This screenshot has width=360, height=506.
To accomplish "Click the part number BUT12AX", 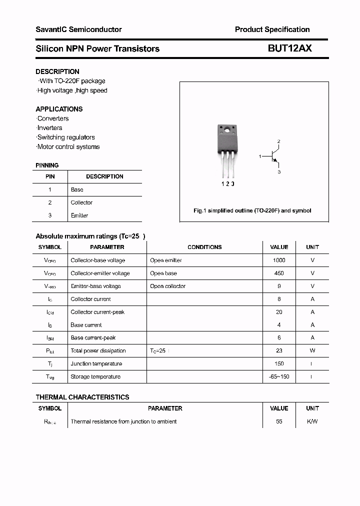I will (290, 48).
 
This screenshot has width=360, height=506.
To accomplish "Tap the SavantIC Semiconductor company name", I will (78, 29).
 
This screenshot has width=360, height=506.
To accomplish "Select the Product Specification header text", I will (272, 29).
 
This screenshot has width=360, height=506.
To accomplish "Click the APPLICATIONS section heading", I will (59, 109).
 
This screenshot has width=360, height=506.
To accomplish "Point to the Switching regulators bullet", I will (66, 137).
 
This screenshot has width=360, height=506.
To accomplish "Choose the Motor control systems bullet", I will (68, 146).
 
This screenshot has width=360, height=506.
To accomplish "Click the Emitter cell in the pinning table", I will (79, 215).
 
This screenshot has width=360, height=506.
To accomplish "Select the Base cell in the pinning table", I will (77, 189).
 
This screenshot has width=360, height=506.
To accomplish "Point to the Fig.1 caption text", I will (252, 210).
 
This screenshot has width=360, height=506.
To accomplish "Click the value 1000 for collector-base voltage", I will (279, 260).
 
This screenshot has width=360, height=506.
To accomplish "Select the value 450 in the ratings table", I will (279, 273).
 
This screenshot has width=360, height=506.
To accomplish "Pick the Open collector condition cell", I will (167, 286).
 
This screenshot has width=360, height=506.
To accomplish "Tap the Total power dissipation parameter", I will (98, 350).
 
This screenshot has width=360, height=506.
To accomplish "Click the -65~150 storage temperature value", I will (279, 376).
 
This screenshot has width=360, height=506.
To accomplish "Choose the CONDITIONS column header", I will (204, 247).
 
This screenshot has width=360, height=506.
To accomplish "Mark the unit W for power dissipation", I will (312, 350).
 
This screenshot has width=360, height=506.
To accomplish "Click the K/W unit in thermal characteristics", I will (312, 421).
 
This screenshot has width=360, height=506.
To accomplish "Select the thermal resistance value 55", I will (279, 421).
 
